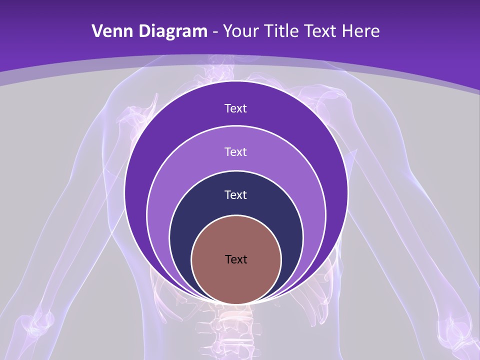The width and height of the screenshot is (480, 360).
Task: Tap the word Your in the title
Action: [239, 31]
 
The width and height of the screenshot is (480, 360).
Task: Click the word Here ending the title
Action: [360, 31]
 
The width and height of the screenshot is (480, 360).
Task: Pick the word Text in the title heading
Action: [320, 31]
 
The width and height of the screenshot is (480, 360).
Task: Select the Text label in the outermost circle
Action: [235, 108]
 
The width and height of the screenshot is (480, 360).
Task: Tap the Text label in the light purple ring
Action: [235, 151]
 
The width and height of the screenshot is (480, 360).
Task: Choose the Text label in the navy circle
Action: [235, 194]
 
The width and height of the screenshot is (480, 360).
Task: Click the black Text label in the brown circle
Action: [236, 259]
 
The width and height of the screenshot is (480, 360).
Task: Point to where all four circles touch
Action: [236, 303]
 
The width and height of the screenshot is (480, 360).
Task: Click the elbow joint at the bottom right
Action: [452, 325]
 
